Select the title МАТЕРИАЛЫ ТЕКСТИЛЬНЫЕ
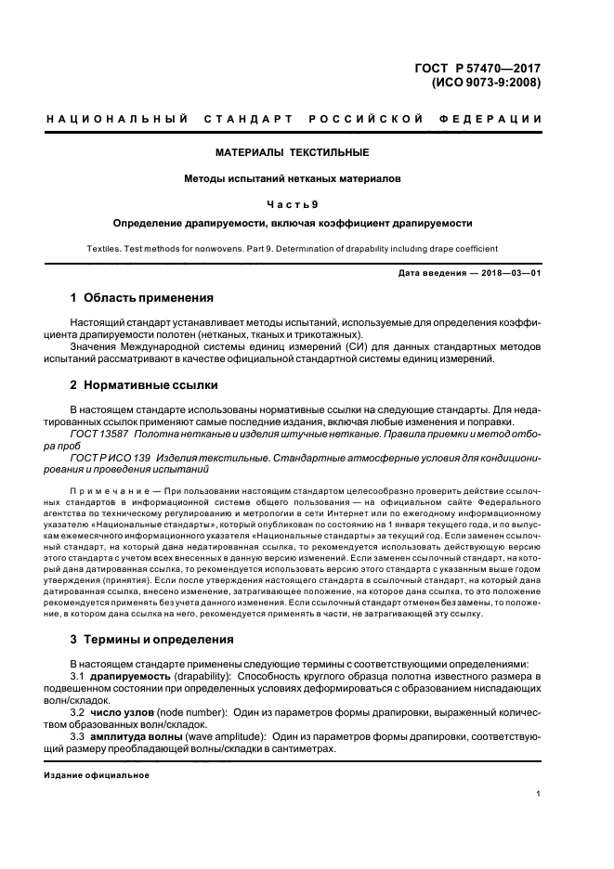pos(292,151)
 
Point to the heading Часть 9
pos(292,204)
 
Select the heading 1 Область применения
pos(142,298)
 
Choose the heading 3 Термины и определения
pos(152,640)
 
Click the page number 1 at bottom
pos(538,794)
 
